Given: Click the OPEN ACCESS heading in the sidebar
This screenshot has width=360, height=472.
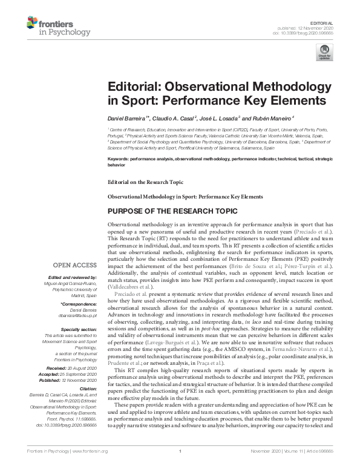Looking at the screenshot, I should (74, 264).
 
